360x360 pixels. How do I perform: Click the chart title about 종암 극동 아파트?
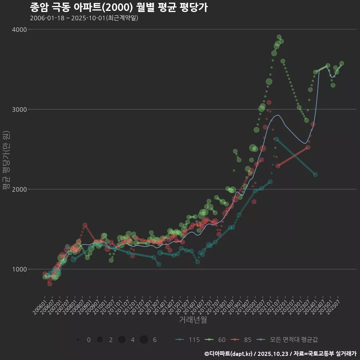118,7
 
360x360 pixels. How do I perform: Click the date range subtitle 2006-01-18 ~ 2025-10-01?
84,18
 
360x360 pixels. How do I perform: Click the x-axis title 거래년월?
193,319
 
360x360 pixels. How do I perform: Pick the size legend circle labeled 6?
144,340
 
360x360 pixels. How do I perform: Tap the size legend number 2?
111,340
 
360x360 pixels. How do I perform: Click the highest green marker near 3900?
279,37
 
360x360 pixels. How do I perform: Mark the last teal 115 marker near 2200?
315,175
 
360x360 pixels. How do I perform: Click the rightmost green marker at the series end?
342,63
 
